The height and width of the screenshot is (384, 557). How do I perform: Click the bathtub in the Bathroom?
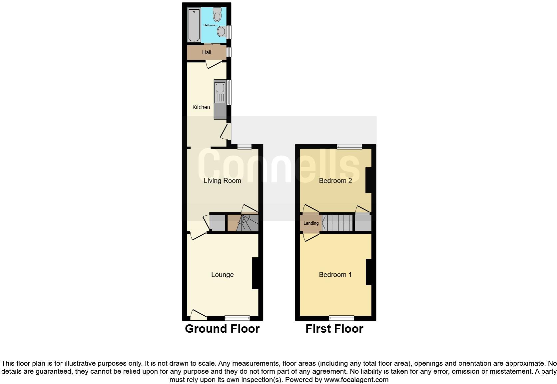[x=193, y=25]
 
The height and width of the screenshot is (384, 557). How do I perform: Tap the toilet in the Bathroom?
[x=217, y=14]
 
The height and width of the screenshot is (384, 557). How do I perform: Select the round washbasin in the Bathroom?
[x=221, y=32]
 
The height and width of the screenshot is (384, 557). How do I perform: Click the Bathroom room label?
[x=211, y=25]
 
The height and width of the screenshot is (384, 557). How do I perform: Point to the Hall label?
[x=207, y=52]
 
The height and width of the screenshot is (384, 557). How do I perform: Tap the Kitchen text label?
[x=201, y=107]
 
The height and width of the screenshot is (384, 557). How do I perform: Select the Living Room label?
[x=222, y=181]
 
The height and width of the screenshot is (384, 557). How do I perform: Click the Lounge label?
[x=222, y=275]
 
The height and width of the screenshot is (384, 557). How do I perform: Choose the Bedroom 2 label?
[x=335, y=181]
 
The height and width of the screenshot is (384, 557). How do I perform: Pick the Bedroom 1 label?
[x=335, y=275]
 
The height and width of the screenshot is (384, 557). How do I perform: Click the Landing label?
[x=311, y=223]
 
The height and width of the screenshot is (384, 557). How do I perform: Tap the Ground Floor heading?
[x=222, y=329]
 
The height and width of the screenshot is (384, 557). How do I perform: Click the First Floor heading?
[x=334, y=329]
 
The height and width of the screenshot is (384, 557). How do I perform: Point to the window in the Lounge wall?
[x=237, y=318]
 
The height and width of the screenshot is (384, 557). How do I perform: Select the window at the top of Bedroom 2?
[x=349, y=147]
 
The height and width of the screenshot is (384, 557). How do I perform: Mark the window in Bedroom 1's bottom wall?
[x=342, y=318]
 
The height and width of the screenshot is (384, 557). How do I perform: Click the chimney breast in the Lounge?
[x=256, y=273]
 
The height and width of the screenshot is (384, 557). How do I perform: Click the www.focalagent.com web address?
[x=356, y=379]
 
